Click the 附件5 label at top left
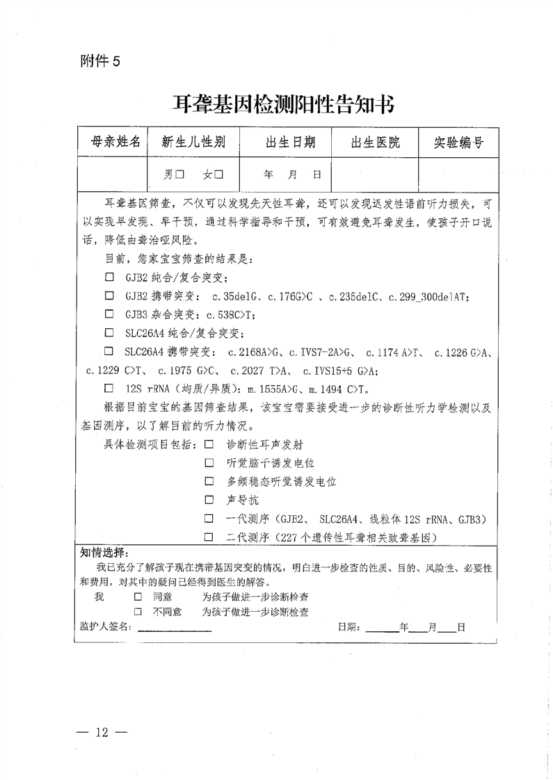tap(100, 61)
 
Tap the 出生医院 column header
tap(376, 143)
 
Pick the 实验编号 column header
tap(458, 143)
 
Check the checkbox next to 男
tap(179, 174)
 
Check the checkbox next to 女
tap(218, 174)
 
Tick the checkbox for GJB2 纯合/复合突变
tap(109, 277)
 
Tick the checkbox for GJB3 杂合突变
tap(109, 314)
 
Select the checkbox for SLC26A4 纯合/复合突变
tap(109, 332)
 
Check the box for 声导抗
tap(209, 500)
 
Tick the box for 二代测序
tap(209, 537)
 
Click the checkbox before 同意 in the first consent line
tap(138, 596)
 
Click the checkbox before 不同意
tap(138, 612)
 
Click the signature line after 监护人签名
tap(174, 628)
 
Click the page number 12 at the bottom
tap(102, 732)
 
